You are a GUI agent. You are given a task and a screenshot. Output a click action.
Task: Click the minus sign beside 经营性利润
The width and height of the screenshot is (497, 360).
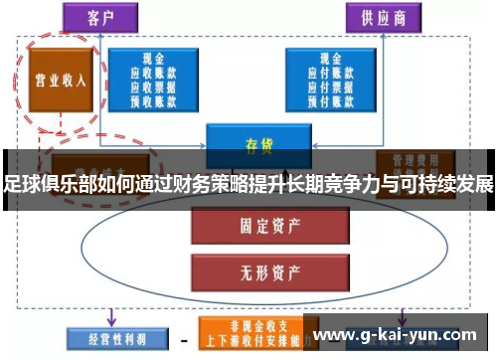182,338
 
